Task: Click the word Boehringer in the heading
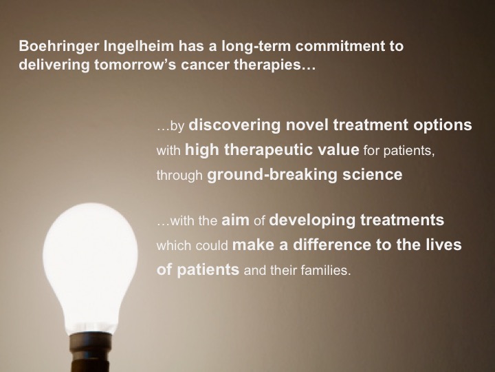(x=58, y=47)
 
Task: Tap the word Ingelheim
(x=139, y=47)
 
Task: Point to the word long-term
(x=256, y=47)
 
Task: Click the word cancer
(x=205, y=65)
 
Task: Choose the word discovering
(x=234, y=125)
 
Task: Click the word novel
(x=307, y=125)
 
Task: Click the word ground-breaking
(x=272, y=175)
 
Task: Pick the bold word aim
(x=235, y=220)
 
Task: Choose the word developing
(x=312, y=220)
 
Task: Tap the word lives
(x=445, y=245)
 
